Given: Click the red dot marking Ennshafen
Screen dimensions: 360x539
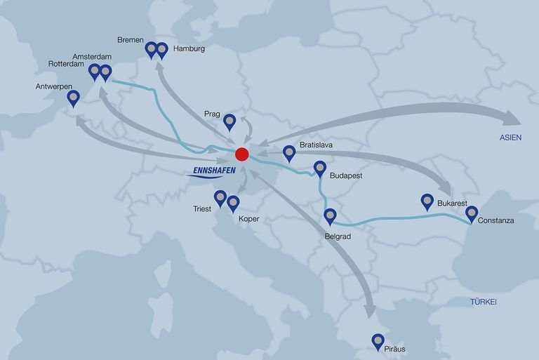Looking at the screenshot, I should [242, 154].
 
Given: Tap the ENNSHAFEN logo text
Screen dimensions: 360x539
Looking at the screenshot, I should [213, 171].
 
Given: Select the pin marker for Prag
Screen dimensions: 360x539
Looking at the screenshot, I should [229, 122].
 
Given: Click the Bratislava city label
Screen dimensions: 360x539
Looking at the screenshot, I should [315, 145].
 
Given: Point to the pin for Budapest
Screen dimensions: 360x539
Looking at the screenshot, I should [319, 168].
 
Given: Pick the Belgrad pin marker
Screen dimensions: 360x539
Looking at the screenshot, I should [330, 216].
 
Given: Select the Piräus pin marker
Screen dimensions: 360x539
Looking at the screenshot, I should [378, 341].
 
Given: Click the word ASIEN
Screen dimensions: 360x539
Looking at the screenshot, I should [510, 138].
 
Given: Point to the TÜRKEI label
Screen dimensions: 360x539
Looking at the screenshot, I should [483, 302].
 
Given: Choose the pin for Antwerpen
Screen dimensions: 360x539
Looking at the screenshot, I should [73, 98].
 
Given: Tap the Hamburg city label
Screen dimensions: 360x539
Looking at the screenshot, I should [189, 49].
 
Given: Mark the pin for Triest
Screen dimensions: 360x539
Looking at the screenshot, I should [220, 198].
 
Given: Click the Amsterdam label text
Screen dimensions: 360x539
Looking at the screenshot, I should [91, 55].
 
